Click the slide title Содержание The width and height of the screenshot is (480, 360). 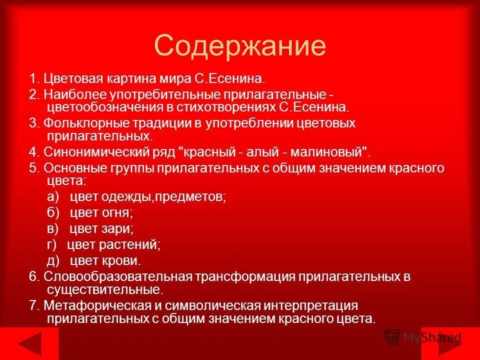coord(240,46)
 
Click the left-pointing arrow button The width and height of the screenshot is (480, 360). coord(31,344)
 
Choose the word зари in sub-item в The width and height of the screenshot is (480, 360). coord(117,229)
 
